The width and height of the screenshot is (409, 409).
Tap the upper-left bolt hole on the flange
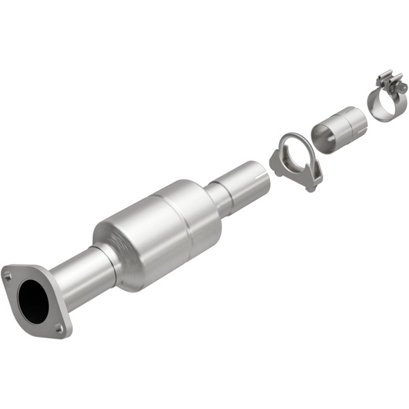tap(7, 276)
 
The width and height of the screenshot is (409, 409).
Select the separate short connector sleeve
tap(338, 128)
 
